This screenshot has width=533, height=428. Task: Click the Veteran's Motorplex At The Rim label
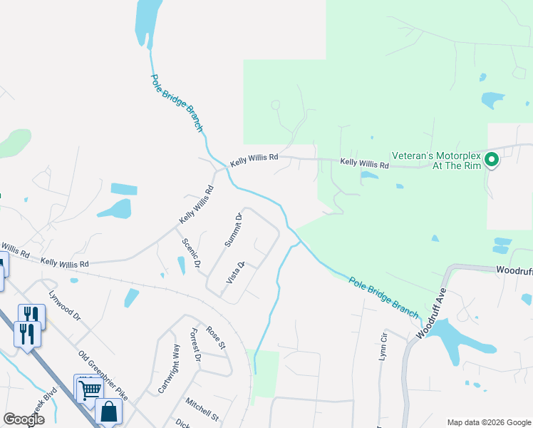(x=437, y=160)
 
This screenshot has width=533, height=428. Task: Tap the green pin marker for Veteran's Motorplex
(x=491, y=160)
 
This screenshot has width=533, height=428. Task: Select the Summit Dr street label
(x=234, y=230)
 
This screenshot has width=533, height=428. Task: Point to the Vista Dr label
(x=236, y=272)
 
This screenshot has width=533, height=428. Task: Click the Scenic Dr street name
(x=191, y=253)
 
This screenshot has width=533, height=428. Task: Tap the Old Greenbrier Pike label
(x=103, y=375)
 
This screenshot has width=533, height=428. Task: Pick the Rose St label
(x=215, y=337)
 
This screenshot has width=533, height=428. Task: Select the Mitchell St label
(x=202, y=409)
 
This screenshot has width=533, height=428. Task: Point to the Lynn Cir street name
(x=383, y=345)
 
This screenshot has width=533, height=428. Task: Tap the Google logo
(x=24, y=419)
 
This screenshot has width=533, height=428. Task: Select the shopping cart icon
(x=88, y=389)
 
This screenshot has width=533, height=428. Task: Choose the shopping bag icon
(x=108, y=412)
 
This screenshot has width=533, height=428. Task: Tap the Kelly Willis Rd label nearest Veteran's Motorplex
(x=364, y=164)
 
